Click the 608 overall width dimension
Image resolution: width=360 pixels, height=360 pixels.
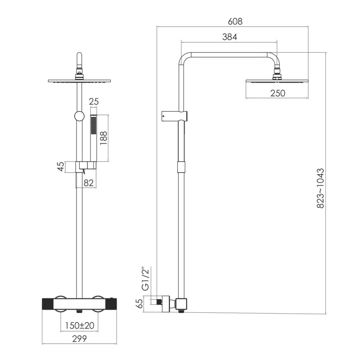235,21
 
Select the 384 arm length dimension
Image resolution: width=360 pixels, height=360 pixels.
229,37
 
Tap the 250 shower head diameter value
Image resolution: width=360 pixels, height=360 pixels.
278,93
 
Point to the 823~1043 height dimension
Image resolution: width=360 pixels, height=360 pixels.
320,188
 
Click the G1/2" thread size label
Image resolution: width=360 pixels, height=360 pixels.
145,279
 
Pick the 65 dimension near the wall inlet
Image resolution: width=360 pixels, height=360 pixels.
139,303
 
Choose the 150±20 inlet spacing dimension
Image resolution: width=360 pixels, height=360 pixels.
80,325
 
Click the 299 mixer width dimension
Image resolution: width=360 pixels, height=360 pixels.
80,339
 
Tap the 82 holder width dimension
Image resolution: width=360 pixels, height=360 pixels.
89,183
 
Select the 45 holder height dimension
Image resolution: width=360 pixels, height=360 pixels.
61,166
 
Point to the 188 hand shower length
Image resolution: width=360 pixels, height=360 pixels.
103,138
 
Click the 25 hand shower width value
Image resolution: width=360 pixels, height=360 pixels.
94,102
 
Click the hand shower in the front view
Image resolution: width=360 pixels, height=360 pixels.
94,138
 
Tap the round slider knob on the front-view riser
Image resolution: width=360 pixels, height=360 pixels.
80,117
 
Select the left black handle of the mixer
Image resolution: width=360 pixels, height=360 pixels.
48,305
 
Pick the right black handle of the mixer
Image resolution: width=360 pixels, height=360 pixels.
111,305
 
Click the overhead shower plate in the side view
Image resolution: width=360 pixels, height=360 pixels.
277,81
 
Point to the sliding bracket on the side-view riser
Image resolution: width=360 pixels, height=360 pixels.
175,116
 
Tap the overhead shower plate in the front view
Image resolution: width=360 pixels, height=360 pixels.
80,81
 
